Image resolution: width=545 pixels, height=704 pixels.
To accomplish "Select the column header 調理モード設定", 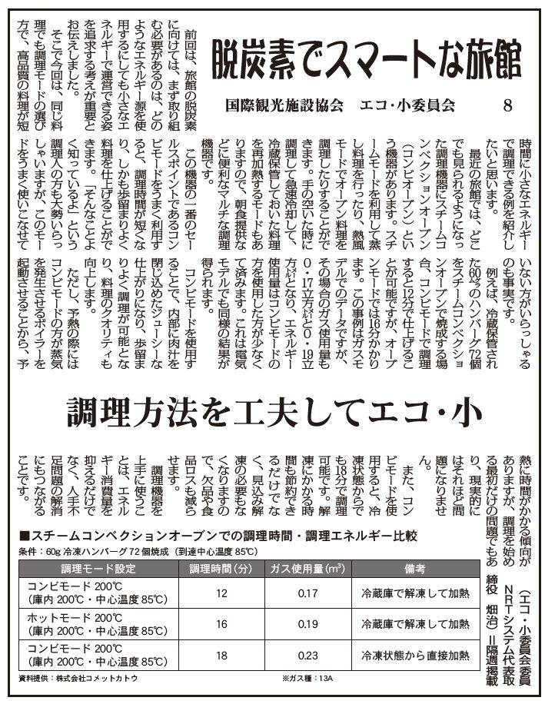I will [98, 569].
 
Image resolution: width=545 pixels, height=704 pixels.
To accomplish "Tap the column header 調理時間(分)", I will [221, 569].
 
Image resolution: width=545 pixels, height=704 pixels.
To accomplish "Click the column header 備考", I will [410, 569].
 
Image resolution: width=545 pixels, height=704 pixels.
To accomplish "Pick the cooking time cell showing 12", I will [222, 594].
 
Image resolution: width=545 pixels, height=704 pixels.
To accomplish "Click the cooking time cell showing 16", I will [222, 625].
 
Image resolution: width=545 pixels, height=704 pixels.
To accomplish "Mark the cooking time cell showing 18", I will [222, 655].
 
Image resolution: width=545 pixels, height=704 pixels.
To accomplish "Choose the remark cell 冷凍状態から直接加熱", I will [410, 655].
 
